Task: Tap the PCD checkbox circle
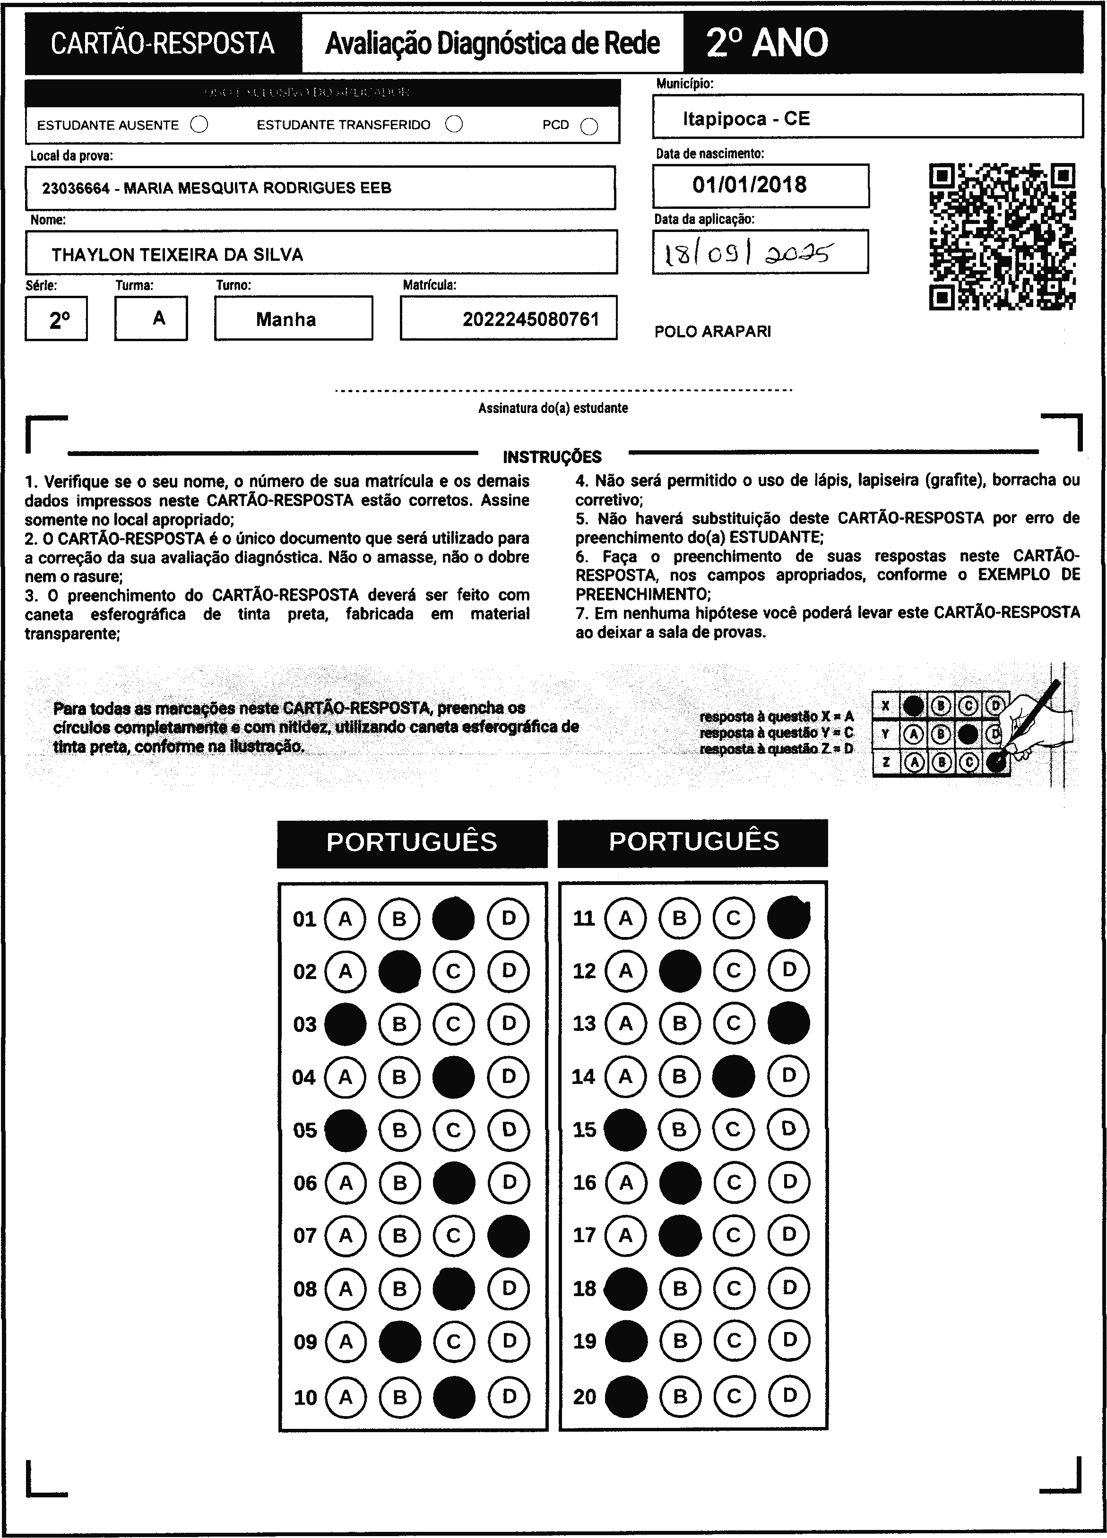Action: click(x=589, y=127)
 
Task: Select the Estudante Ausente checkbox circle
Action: click(x=199, y=125)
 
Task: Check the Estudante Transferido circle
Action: click(x=454, y=124)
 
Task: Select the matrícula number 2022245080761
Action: click(x=531, y=319)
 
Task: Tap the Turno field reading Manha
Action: click(x=285, y=319)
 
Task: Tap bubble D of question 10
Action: click(x=509, y=1397)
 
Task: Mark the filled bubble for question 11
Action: click(x=788, y=918)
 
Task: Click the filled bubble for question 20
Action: click(x=625, y=1396)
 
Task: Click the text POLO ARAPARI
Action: click(x=712, y=332)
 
